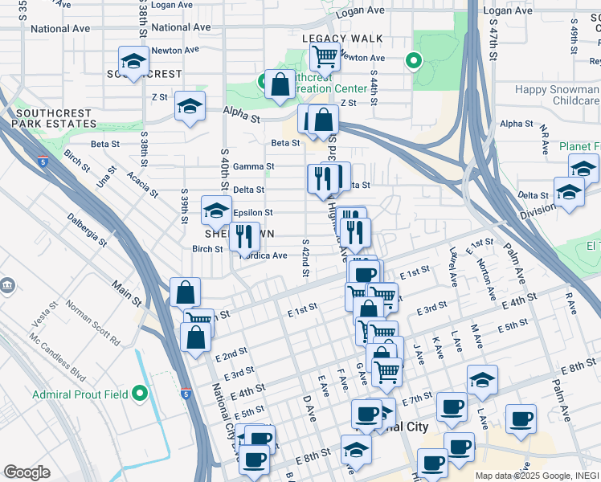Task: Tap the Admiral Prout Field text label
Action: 80,394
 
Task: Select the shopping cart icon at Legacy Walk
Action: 325,57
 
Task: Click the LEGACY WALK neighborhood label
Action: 341,39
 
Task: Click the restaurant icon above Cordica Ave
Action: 245,236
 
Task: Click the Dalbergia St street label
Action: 87,227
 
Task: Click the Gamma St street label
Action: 253,166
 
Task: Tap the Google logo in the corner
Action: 27,472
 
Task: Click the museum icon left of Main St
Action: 7,286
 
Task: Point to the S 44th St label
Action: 374,80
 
